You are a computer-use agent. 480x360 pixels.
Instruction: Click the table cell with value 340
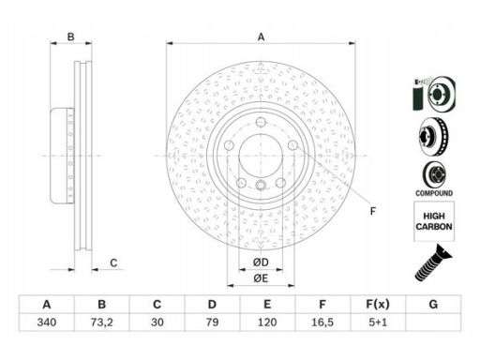coord(47,322)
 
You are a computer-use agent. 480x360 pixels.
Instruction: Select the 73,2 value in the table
coord(102,322)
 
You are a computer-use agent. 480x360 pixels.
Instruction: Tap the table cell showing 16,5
coord(322,322)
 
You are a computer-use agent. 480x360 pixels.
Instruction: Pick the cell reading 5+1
coord(378,322)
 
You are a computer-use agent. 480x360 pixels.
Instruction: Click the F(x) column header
coord(378,304)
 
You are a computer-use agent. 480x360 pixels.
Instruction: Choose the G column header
coord(433,304)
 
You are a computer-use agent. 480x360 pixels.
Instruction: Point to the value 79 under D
coord(212,322)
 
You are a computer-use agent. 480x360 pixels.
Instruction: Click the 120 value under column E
coord(267,322)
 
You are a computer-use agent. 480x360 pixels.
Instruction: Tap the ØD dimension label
coord(261,262)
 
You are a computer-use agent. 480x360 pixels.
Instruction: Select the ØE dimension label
coord(261,278)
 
